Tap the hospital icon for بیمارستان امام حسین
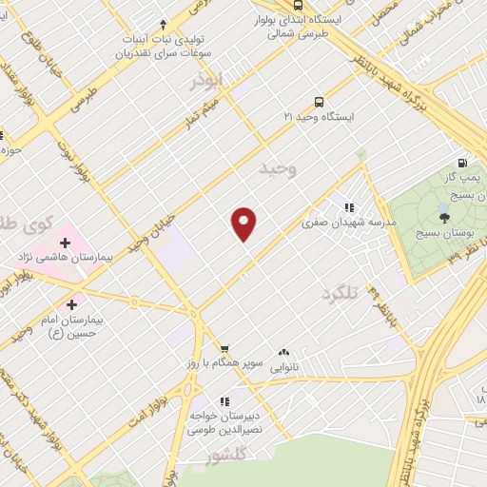(71, 304)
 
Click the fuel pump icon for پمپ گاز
(462, 163)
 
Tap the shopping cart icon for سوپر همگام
(224, 349)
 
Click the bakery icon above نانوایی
(283, 351)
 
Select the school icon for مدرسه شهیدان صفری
(348, 206)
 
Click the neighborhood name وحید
(279, 169)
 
